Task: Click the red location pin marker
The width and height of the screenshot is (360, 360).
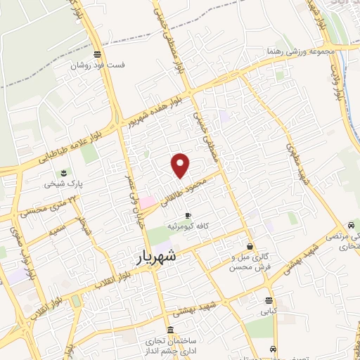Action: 181,165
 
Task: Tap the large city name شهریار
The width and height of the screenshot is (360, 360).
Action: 162,258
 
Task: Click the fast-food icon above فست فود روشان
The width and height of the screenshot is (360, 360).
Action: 97,53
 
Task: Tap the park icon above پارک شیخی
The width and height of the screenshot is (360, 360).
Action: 65,172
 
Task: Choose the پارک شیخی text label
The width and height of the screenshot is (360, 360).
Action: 60,184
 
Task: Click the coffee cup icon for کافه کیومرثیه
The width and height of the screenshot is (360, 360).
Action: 187,214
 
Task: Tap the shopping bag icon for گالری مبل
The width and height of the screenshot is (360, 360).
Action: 250,246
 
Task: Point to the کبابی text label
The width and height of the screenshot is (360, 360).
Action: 270,310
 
